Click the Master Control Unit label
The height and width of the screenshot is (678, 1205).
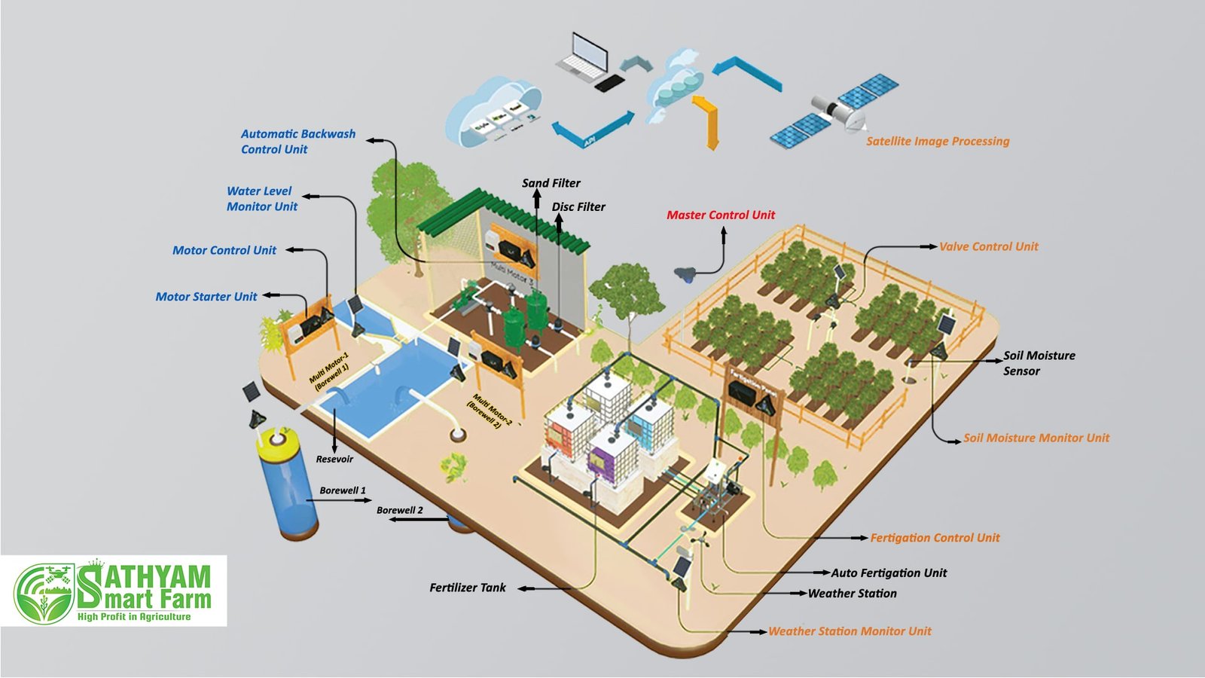click(x=720, y=215)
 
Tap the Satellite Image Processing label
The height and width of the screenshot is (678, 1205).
click(x=937, y=142)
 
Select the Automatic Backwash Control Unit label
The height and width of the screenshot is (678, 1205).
click(x=297, y=142)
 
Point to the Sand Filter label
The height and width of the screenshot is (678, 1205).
click(x=551, y=183)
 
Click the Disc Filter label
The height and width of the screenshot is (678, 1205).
click(x=578, y=207)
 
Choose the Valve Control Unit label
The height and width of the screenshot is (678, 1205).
click(x=988, y=246)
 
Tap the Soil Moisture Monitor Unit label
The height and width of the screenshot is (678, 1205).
click(x=1036, y=438)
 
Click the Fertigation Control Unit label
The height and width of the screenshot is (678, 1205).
click(x=935, y=538)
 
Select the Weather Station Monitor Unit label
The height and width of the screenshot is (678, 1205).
click(x=850, y=631)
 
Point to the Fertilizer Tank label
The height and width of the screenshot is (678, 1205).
click(x=468, y=588)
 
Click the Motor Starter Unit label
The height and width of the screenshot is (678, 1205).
click(x=206, y=297)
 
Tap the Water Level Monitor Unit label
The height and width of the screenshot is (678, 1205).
click(x=261, y=199)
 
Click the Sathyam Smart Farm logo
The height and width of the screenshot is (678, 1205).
click(x=114, y=592)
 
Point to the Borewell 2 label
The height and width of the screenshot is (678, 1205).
click(x=399, y=511)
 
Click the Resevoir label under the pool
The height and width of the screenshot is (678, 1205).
click(x=334, y=460)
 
